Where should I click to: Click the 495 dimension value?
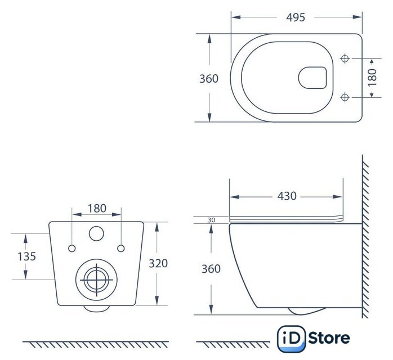coord(296,17)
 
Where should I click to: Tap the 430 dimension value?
coord(287,196)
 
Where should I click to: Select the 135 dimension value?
coord(27,256)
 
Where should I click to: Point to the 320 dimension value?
coord(158,263)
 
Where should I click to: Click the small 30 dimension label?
coord(211,220)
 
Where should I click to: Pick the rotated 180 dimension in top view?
coord(372,78)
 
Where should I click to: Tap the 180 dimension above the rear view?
coord(97,208)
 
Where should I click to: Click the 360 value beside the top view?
coord(209,79)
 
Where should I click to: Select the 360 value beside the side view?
coord(211,269)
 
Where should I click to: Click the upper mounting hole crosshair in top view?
coord(345,58)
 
